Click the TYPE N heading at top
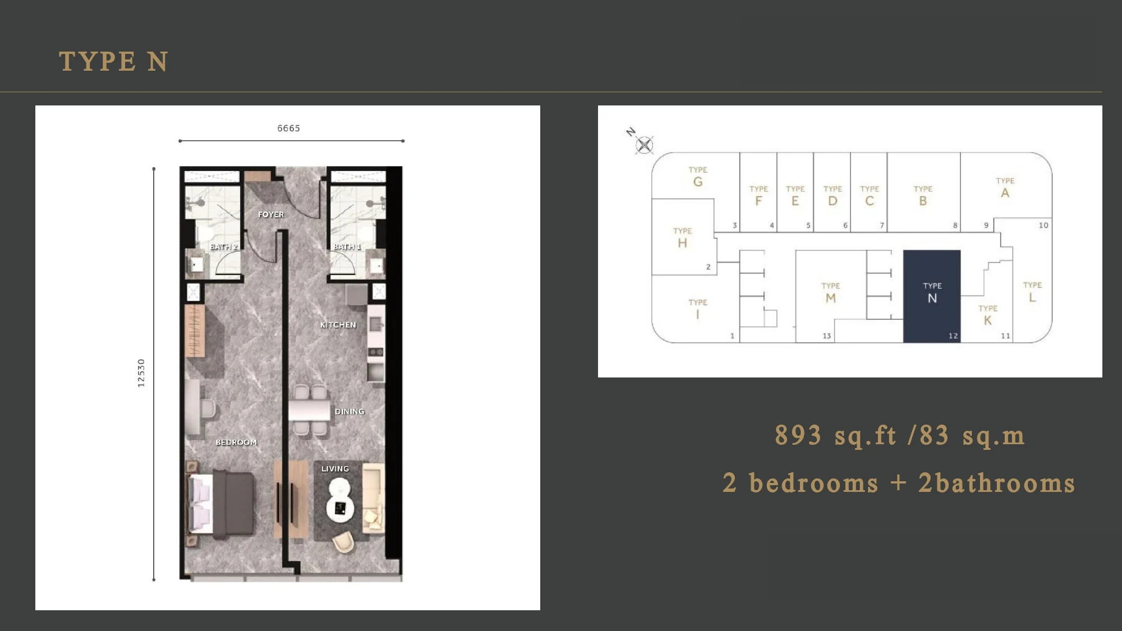(113, 61)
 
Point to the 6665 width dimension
(288, 128)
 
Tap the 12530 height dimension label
(141, 373)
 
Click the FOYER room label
(271, 214)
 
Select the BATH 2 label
(224, 247)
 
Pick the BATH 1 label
(347, 247)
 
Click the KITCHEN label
(338, 325)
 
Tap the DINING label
(350, 411)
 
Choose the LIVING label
(335, 469)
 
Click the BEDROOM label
(236, 442)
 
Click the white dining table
(309, 410)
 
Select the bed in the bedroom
(220, 504)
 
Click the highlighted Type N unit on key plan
(932, 296)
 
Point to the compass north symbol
(644, 145)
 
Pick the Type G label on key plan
(698, 177)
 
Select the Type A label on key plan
(1005, 188)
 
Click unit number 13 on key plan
(826, 336)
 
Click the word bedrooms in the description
(814, 483)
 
